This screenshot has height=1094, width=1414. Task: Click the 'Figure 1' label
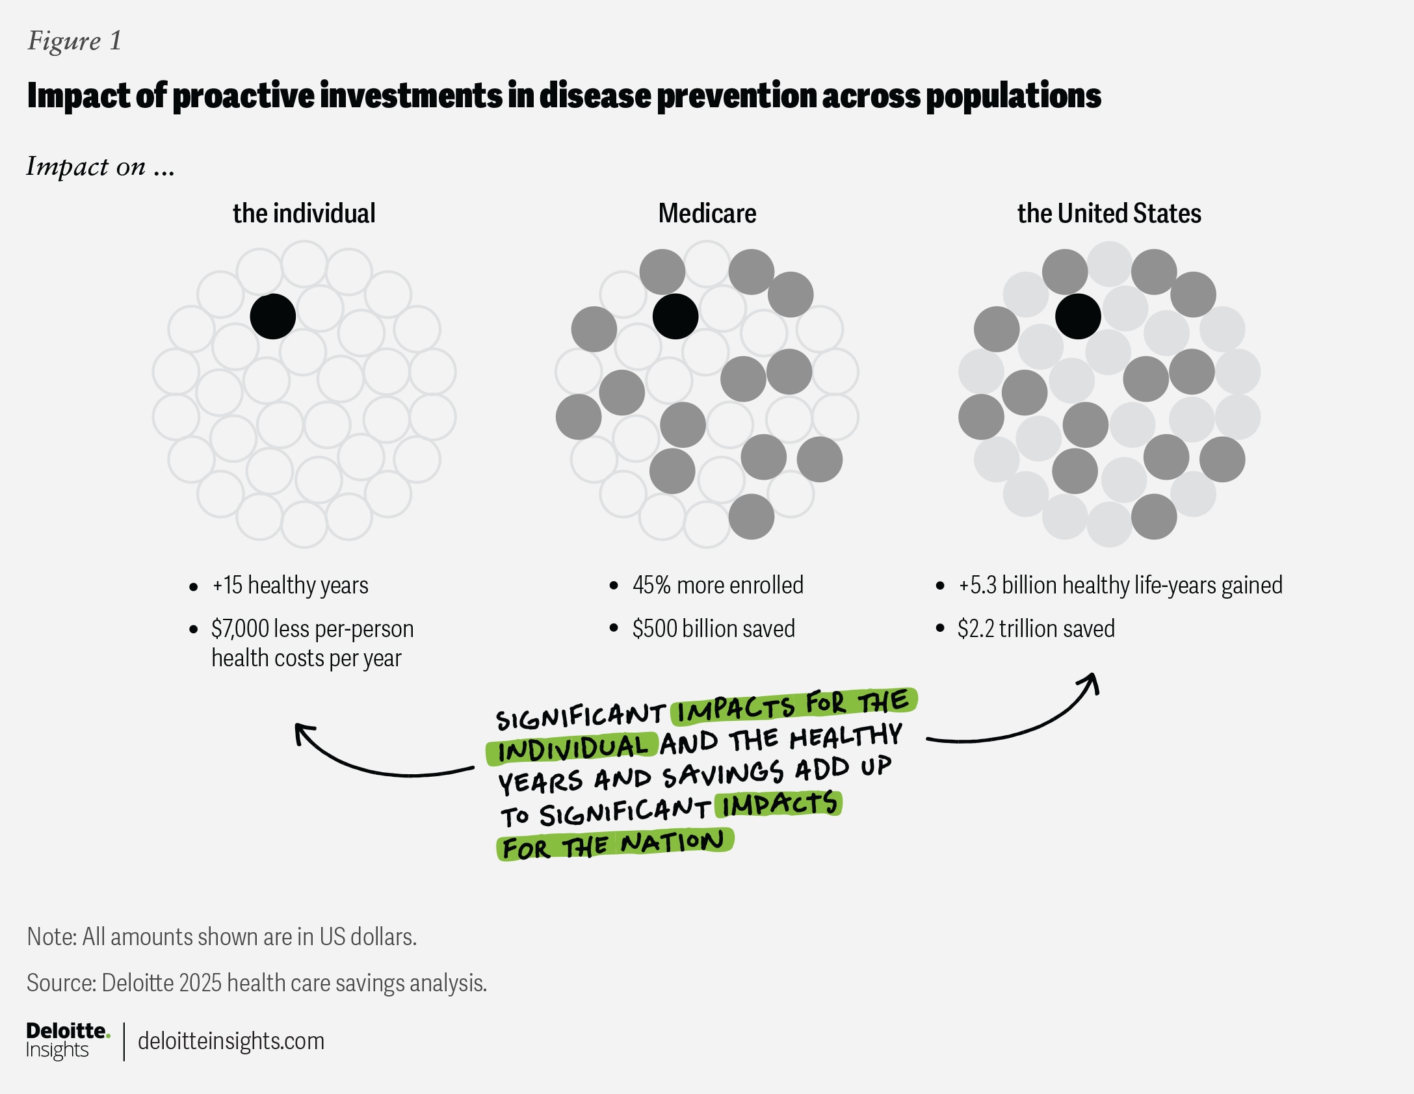74,41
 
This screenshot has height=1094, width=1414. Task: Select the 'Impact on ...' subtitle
101,166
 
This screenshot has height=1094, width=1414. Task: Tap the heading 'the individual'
304,213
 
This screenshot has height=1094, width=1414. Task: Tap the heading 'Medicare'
707,213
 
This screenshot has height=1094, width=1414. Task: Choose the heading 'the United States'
1109,213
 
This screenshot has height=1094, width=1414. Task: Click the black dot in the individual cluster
273,317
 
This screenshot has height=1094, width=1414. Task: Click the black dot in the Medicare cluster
675,317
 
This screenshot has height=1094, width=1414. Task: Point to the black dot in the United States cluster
1078,317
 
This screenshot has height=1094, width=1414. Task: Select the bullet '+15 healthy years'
290,586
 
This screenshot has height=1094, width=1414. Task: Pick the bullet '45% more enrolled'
718,585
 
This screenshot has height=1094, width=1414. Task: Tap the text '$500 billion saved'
714,629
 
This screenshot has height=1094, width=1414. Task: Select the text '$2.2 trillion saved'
1036,629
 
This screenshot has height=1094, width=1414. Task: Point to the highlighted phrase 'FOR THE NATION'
613,845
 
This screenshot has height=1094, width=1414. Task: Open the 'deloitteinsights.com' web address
231,1041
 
